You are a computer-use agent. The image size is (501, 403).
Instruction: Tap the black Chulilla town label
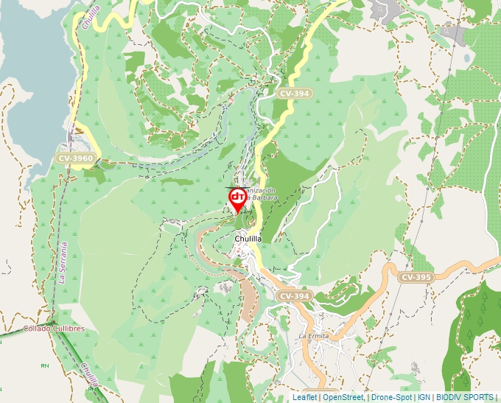click(x=248, y=239)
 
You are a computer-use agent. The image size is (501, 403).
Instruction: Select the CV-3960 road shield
click(x=75, y=158)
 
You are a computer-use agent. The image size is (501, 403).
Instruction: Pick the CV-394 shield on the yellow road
click(x=295, y=94)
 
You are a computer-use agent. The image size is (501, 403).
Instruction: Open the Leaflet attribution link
click(x=304, y=397)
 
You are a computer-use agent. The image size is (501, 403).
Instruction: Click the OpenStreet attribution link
click(x=343, y=397)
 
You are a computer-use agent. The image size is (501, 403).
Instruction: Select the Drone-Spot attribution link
click(x=390, y=397)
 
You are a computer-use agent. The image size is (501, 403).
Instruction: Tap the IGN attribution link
click(x=424, y=397)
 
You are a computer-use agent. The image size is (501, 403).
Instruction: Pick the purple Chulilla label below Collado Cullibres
click(x=88, y=374)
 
